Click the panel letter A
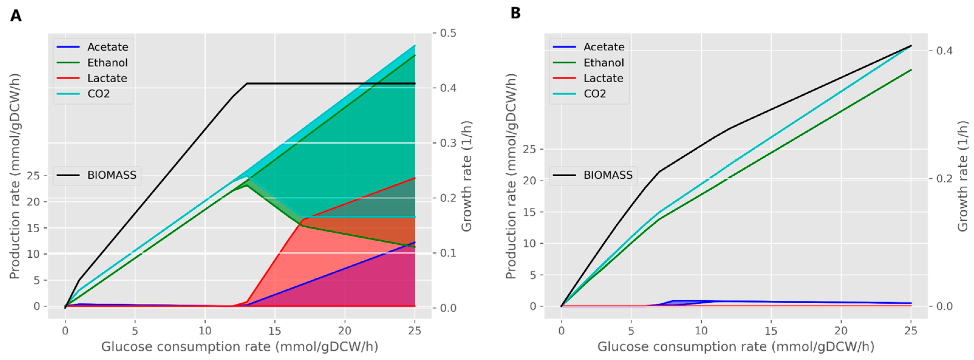(x=15, y=15)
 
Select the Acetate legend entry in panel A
(x=92, y=47)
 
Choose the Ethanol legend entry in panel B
(x=588, y=63)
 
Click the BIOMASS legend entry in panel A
(x=97, y=175)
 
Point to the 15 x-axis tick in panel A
(x=275, y=331)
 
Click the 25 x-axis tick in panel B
(x=911, y=331)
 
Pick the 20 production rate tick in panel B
(x=530, y=180)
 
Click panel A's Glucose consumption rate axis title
(x=240, y=346)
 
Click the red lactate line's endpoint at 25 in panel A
(x=415, y=178)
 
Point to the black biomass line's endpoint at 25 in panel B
(x=911, y=46)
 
